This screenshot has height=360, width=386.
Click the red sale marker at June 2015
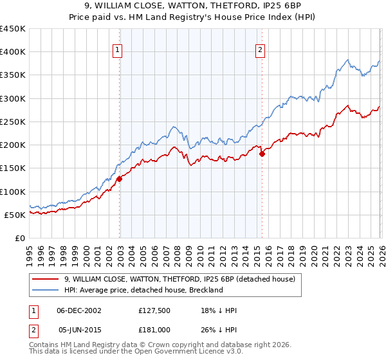click(x=262, y=154)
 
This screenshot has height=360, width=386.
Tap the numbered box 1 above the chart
click(x=119, y=51)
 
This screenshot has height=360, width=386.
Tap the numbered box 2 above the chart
click(x=261, y=51)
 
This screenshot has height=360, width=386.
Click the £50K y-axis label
click(x=15, y=215)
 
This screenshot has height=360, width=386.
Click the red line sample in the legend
click(x=46, y=279)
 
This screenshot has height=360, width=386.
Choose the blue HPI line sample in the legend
click(x=46, y=290)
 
